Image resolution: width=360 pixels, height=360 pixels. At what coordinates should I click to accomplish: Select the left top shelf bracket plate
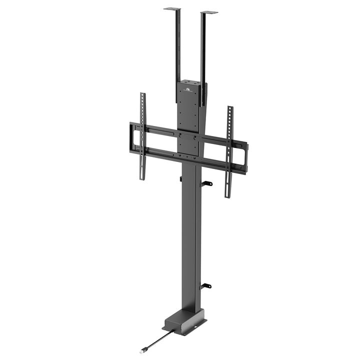tap(172, 8)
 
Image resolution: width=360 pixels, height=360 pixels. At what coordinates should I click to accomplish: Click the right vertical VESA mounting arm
tap(229, 150)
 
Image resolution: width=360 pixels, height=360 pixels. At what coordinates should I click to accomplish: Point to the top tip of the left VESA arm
tap(142, 94)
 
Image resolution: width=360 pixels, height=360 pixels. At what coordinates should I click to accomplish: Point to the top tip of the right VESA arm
tap(230, 107)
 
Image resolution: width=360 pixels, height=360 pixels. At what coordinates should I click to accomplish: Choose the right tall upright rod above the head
tap(203, 55)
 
